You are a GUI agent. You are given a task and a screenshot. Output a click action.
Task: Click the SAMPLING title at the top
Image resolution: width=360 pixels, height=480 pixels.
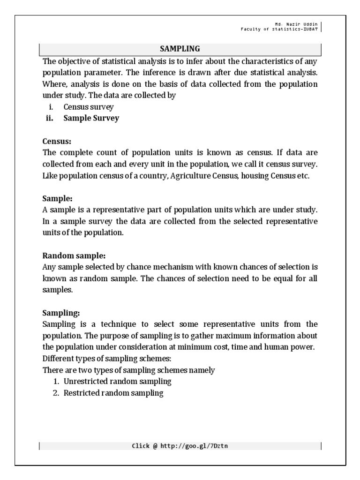[180, 48]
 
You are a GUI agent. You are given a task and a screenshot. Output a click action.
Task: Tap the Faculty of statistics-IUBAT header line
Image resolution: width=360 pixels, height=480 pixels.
[279, 29]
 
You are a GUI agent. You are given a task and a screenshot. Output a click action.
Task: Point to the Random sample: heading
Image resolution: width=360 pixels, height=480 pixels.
[74, 255]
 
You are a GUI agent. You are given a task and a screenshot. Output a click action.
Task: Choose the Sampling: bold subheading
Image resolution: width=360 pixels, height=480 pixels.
[61, 313]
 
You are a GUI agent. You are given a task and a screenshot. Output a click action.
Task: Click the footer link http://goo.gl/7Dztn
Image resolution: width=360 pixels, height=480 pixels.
[194, 446]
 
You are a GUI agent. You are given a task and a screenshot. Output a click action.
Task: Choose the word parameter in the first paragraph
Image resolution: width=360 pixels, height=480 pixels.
[99, 73]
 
